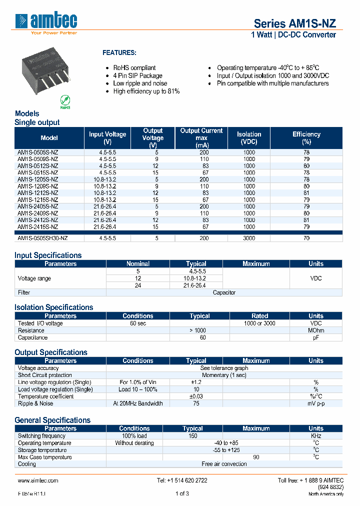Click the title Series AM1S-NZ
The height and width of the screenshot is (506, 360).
[x=294, y=23]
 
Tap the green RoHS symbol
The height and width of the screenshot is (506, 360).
[x=65, y=100]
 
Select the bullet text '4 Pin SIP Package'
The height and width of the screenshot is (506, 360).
[x=137, y=75]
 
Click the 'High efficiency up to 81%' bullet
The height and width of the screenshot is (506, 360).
[x=146, y=91]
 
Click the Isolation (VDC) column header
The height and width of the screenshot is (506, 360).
[x=249, y=138]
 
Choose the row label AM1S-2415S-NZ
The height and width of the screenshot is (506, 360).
[x=38, y=227]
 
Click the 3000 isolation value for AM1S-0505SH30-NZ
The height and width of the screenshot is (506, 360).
[x=249, y=239]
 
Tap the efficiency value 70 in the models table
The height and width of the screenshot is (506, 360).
[x=306, y=239]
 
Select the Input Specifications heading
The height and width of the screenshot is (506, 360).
[x=48, y=255]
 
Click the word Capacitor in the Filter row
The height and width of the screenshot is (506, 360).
[x=224, y=292]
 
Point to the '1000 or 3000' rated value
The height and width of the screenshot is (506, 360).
[x=259, y=323]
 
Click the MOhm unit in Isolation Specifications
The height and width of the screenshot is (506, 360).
[x=315, y=330]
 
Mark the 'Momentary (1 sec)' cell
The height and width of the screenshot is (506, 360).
[x=224, y=375]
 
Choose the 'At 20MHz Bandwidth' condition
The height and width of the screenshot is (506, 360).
[x=138, y=403]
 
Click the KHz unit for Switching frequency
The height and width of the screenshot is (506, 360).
[x=315, y=436]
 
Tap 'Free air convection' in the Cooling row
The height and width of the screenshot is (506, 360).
[x=224, y=464]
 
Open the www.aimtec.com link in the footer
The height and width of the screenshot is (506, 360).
[x=38, y=480]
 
